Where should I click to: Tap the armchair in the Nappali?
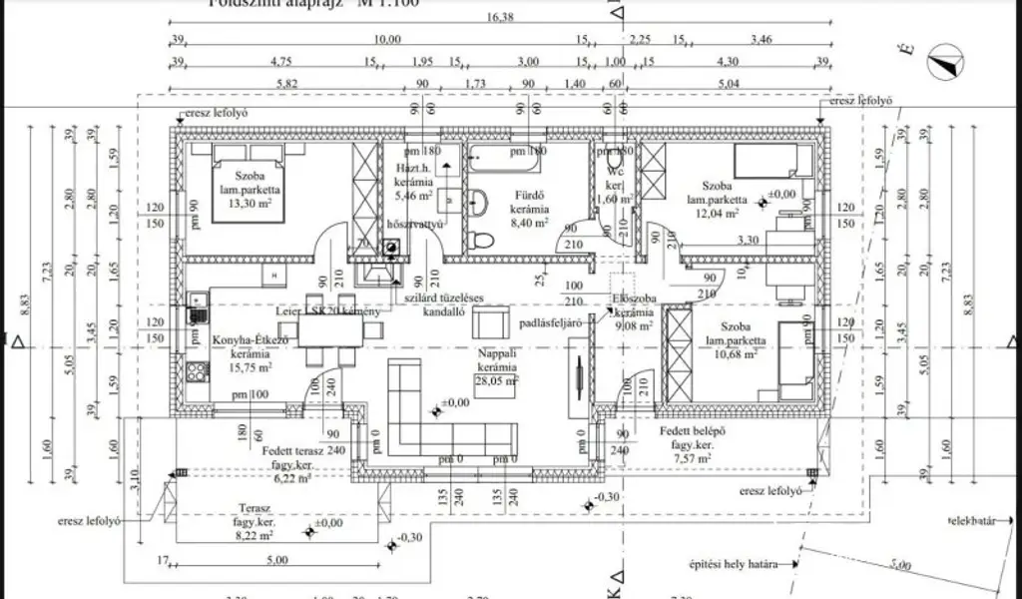490,323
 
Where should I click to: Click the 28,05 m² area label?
496,379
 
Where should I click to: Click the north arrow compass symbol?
942,65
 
